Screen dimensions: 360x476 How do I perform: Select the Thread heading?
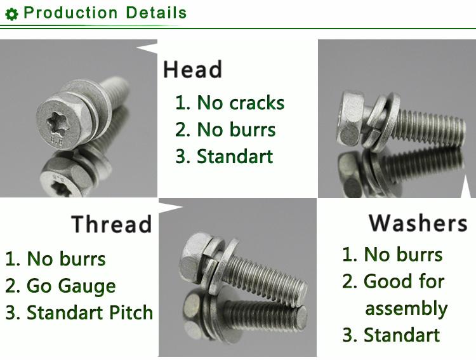tap(112, 225)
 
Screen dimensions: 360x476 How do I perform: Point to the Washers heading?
tap(418, 223)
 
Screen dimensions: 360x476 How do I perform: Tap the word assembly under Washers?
tap(406, 309)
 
